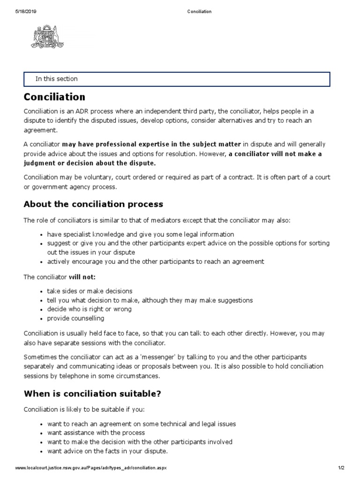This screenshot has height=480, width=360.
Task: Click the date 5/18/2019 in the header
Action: [25, 12]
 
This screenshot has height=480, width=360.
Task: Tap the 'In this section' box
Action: [177, 79]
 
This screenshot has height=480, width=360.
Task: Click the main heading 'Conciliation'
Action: [55, 97]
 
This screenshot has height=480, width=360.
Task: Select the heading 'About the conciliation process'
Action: [93, 204]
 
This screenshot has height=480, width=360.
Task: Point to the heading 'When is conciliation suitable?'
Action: [92, 393]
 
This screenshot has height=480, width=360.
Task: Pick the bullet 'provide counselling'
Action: [75, 318]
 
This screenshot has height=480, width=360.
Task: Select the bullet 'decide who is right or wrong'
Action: [89, 309]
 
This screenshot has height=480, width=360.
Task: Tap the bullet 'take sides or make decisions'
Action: [90, 291]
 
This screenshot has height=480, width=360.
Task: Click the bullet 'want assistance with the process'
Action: [96, 433]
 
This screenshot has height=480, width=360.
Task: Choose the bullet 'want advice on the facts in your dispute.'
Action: [107, 451]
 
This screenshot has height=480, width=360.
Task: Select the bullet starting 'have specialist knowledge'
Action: [141, 234]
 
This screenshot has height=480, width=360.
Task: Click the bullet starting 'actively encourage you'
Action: [156, 261]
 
